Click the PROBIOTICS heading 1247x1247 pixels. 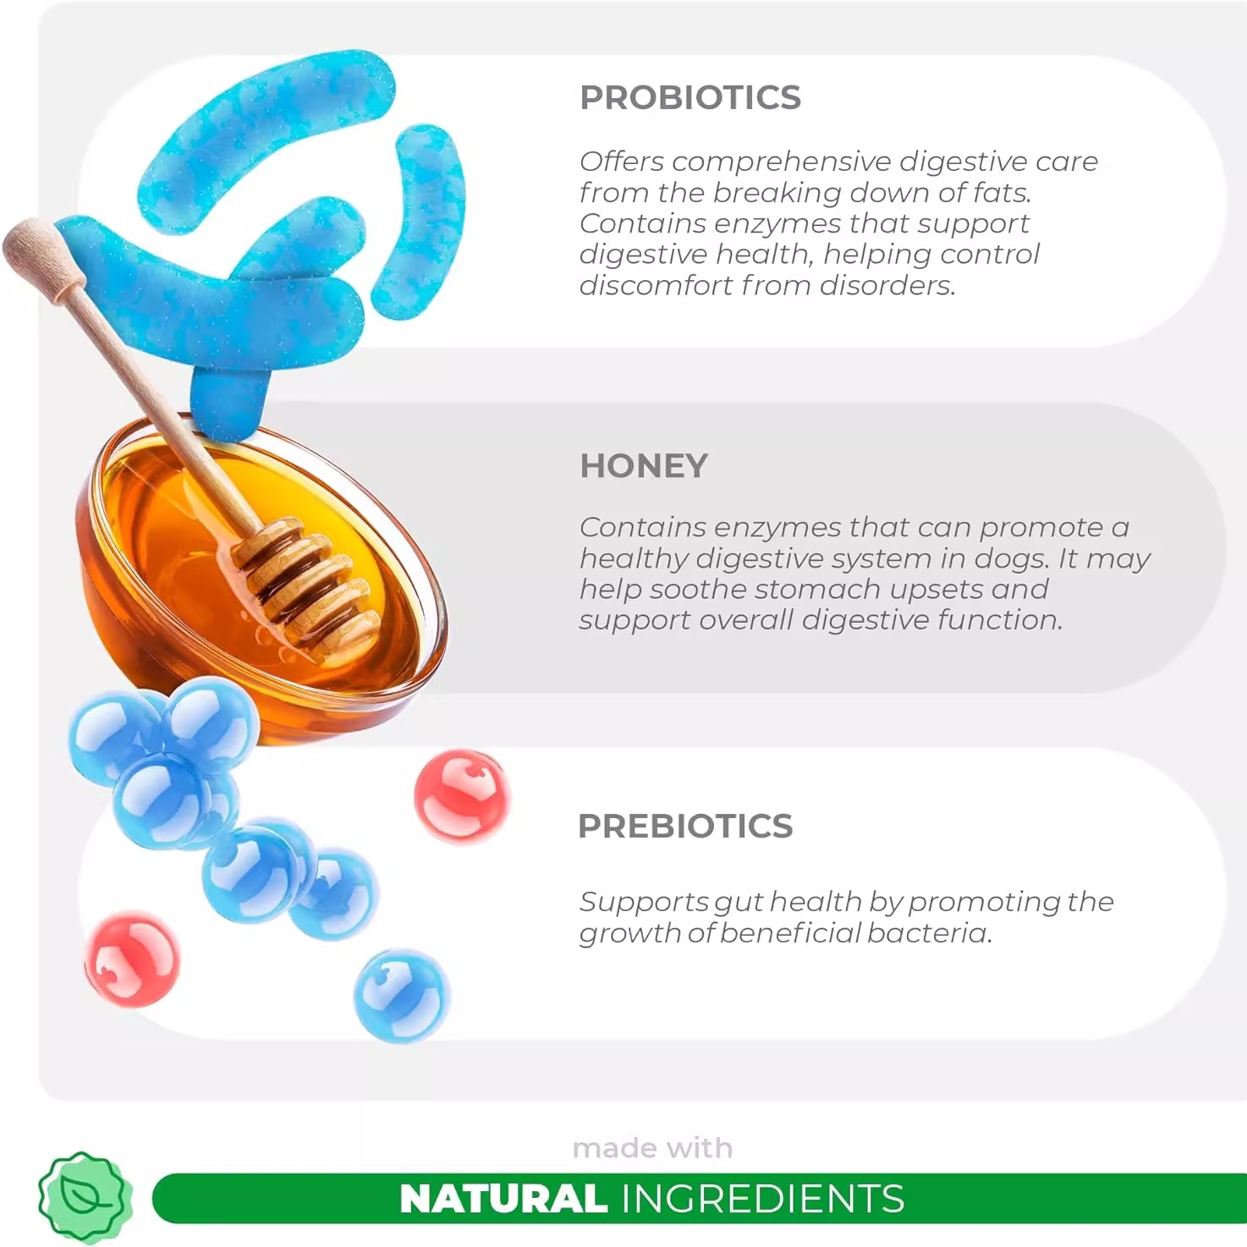(689, 98)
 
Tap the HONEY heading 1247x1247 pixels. (643, 466)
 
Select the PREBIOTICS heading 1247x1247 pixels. (685, 826)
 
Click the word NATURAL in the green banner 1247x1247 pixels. (503, 1199)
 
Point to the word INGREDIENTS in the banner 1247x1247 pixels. (763, 1199)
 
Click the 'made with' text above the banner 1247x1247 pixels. (652, 1149)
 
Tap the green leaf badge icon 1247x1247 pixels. (85, 1198)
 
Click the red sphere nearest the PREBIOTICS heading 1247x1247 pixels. (462, 797)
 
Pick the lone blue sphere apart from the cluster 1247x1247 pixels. (402, 996)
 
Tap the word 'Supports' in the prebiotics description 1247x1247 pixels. (644, 903)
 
